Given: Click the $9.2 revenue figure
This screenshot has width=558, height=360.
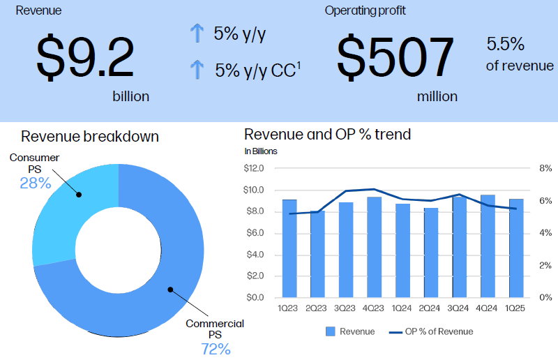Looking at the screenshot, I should pos(85,58).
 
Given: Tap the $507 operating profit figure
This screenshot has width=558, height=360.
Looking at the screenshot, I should pos(395,58).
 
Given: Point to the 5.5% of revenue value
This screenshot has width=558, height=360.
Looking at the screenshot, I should pos(505,45).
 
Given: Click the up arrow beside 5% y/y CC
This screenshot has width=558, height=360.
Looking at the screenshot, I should pos(197,69).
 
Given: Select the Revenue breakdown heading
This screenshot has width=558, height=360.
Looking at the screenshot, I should pos(90,136).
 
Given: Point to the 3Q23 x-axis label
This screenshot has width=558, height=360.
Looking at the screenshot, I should pos(346,308).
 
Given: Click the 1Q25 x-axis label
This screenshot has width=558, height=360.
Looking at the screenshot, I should pos(516,308).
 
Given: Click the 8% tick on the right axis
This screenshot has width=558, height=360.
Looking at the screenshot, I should pos(545,168).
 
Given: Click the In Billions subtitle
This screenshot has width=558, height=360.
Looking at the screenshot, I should pos(261,151).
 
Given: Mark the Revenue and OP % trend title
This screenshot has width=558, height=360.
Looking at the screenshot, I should pos(327,135).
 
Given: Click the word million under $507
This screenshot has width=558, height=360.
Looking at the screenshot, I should pos(437,96).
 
